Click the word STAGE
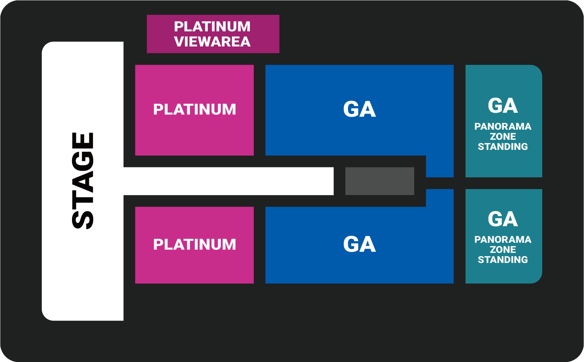[83, 181]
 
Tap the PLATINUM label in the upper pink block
[194, 110]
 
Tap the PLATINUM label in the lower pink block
[194, 245]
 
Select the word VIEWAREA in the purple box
[212, 42]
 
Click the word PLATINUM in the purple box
[212, 27]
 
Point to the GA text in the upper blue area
[359, 109]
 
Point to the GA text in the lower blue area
[359, 244]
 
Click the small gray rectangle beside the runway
[379, 181]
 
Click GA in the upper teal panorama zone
[503, 106]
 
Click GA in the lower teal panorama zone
[503, 219]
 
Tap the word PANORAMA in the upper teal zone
[503, 126]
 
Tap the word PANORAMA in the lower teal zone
[503, 240]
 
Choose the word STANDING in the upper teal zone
[503, 147]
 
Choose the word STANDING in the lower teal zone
[503, 260]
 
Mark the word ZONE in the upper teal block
[503, 137]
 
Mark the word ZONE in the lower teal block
[503, 250]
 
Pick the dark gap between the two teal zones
[503, 183]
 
